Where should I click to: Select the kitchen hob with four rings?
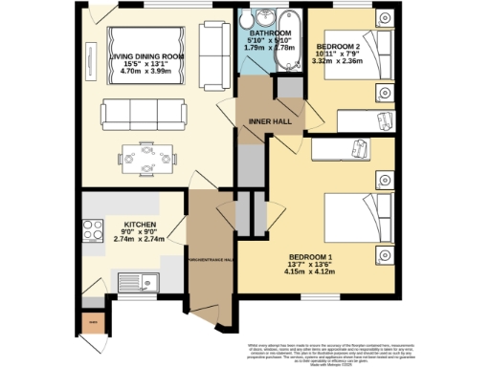coord(94,231)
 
